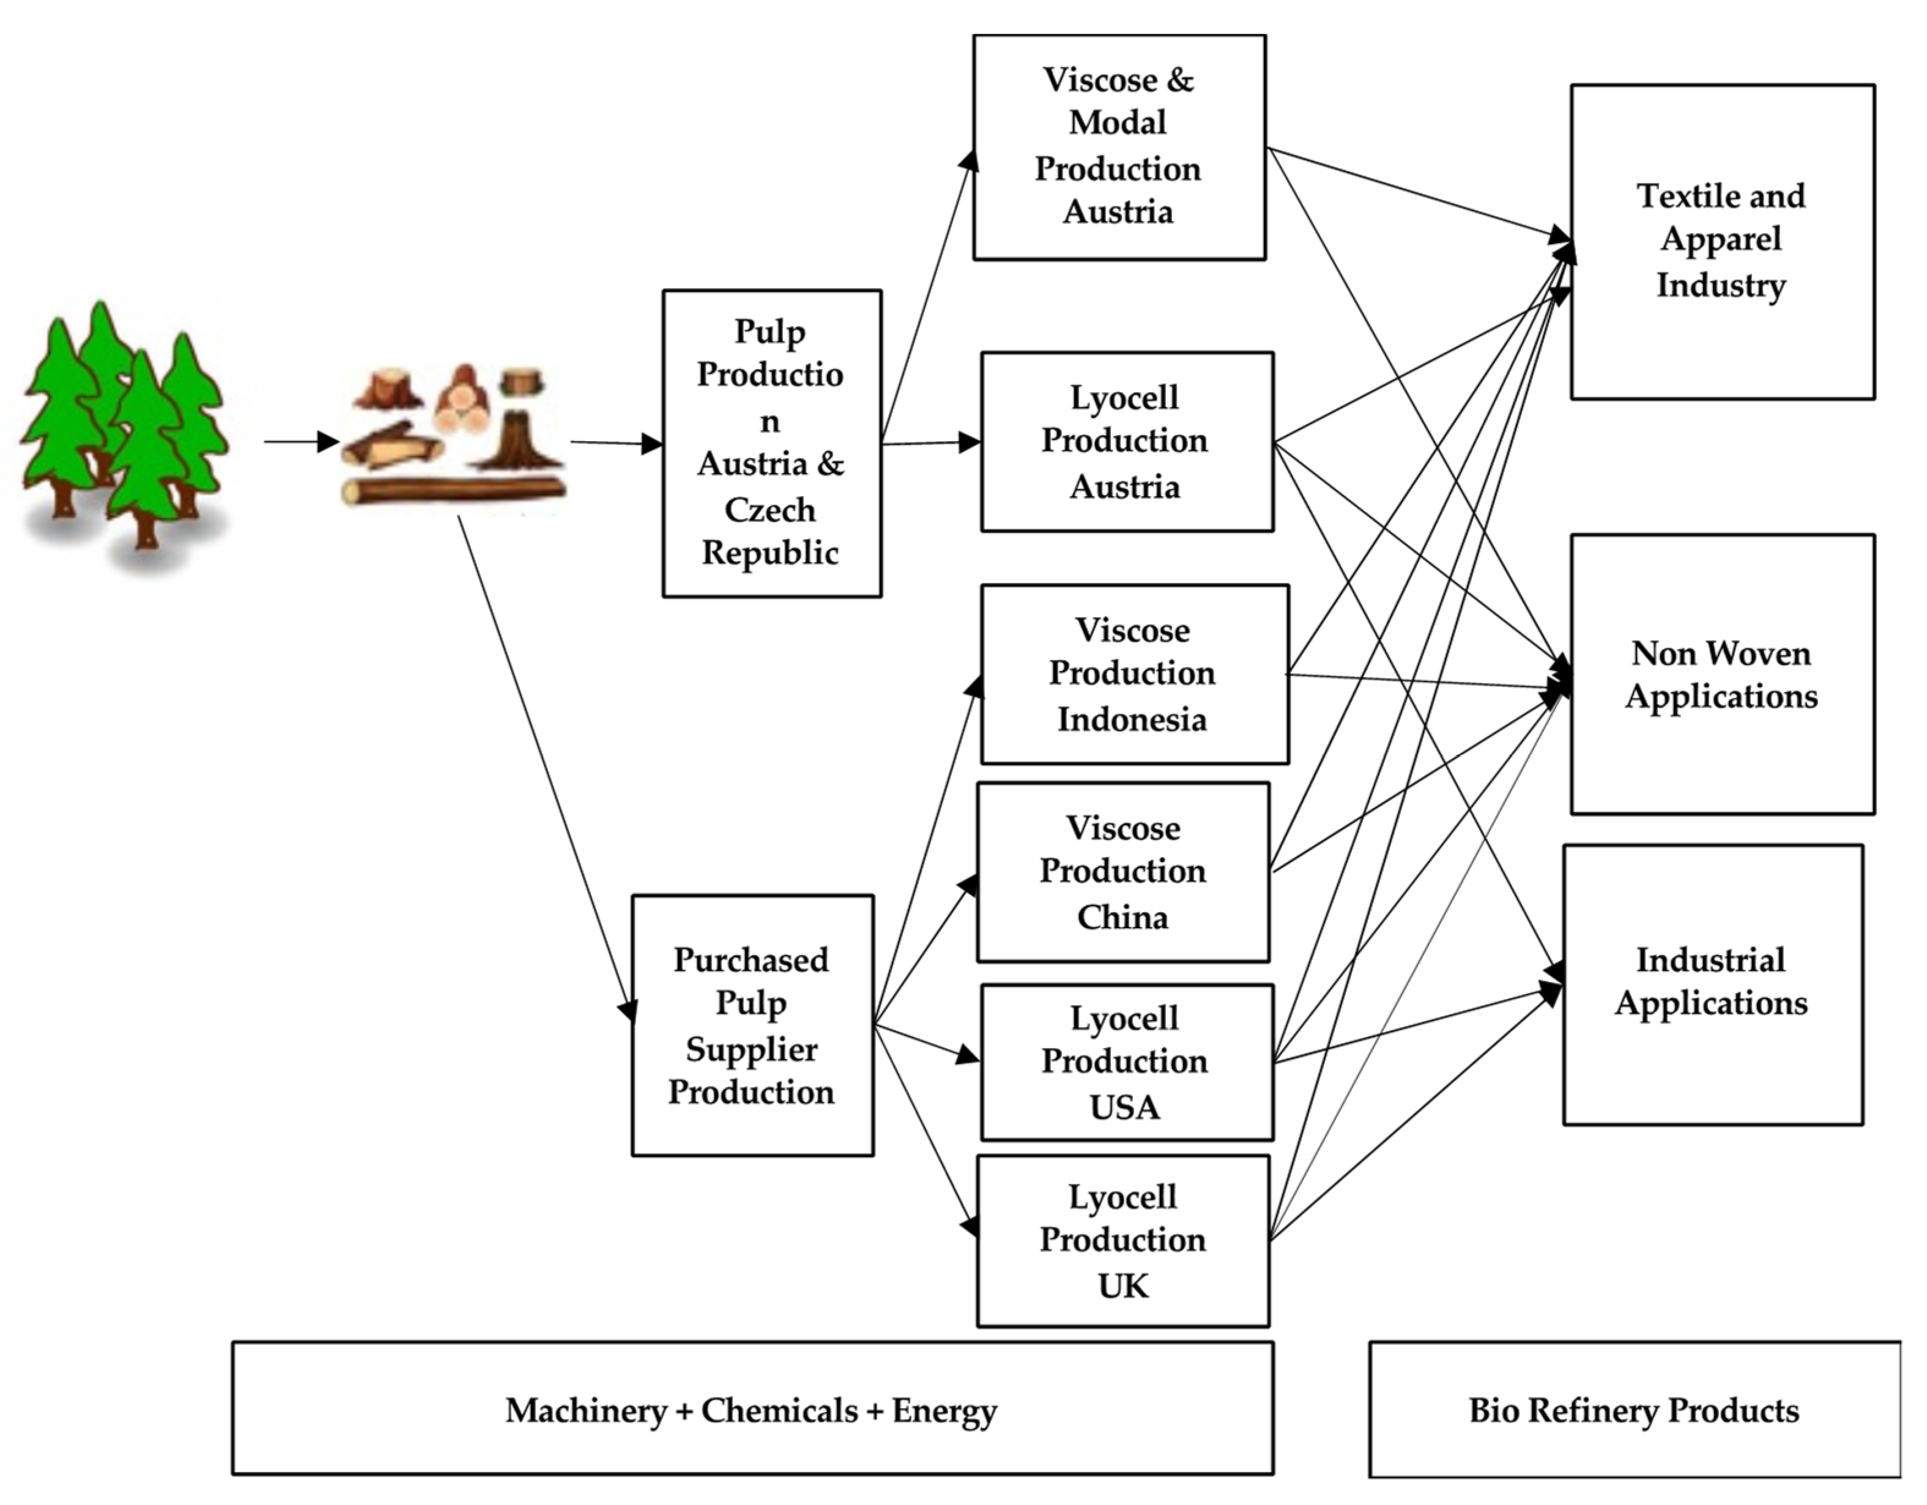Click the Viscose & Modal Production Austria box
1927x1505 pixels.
point(1119,146)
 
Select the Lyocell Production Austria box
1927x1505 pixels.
point(1127,441)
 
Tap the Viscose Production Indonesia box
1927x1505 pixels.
point(1134,674)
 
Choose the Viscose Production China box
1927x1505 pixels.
point(1123,872)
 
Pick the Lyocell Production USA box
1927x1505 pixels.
point(1127,1062)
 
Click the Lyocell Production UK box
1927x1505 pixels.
point(1123,1240)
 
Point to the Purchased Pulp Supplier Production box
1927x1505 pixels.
point(752,1025)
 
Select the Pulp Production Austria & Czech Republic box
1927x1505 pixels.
point(771,443)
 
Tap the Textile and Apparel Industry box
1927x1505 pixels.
point(1721,241)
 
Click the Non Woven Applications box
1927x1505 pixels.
point(1721,674)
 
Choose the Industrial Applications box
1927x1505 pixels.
point(1712,984)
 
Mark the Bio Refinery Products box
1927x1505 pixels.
point(1633,1410)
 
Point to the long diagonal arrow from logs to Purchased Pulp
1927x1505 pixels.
point(545,768)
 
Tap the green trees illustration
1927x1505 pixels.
point(124,433)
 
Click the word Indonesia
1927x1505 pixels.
point(1132,719)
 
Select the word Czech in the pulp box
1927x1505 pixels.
point(770,510)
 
